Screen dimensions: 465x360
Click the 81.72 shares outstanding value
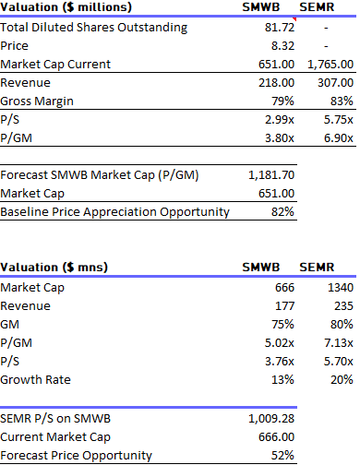tap(279, 28)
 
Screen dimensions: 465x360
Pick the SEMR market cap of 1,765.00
tap(330, 64)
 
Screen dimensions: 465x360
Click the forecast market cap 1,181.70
tap(272, 174)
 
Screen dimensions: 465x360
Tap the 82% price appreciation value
tap(284, 211)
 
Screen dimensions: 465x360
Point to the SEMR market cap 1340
tap(340, 289)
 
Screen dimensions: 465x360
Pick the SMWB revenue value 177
tap(284, 307)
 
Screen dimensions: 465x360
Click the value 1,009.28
tap(272, 418)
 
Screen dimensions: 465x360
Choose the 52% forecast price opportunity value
tap(284, 455)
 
